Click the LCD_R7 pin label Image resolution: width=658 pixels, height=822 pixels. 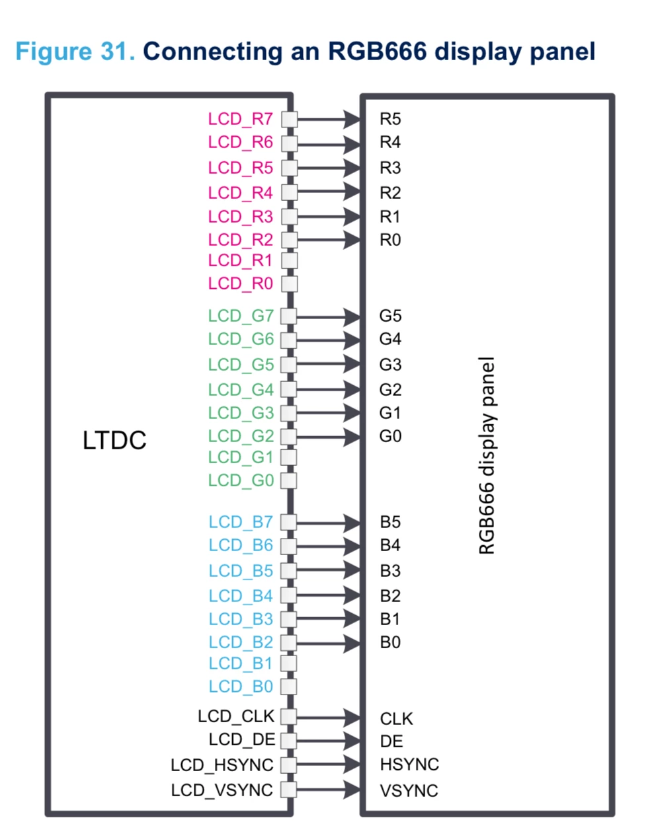point(240,119)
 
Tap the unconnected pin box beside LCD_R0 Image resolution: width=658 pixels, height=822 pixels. point(290,284)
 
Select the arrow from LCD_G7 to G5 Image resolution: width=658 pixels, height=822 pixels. point(328,317)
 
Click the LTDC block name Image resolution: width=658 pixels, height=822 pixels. point(114,440)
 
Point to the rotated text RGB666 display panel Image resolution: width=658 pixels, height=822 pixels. point(487,455)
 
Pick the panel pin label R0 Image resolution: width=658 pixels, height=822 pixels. point(390,240)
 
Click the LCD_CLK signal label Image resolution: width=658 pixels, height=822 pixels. point(236,716)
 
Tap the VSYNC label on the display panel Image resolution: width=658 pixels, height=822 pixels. point(409,790)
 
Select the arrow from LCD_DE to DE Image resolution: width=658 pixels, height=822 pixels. point(328,741)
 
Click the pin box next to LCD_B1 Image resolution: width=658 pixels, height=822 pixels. point(288,663)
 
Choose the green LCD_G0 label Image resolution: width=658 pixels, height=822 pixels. point(241,480)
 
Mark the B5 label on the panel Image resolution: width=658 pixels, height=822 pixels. point(390,522)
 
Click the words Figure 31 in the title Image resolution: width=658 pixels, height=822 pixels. point(75,51)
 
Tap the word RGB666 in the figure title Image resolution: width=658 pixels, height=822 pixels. point(377,51)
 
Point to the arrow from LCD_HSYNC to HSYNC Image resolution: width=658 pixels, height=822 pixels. point(328,765)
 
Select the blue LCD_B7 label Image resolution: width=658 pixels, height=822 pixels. point(241,522)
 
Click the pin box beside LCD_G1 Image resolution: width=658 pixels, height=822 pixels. point(288,457)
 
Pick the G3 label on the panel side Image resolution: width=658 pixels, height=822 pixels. point(390,364)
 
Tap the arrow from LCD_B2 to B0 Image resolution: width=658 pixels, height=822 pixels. point(328,644)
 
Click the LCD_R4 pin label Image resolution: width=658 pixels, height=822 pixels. point(240,193)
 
